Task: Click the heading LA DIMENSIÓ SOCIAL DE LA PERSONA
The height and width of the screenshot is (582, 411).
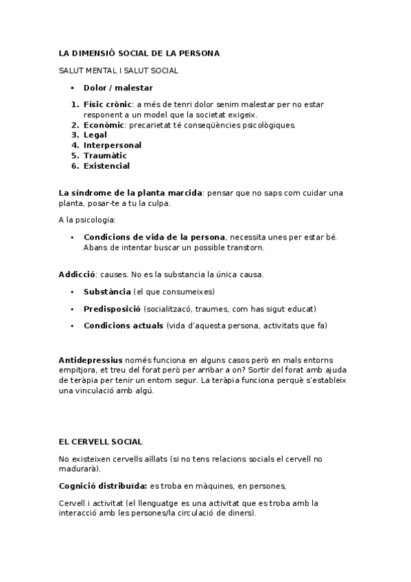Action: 139,53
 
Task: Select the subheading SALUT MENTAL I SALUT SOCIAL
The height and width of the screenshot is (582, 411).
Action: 119,70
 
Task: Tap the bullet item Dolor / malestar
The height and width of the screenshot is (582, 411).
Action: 118,87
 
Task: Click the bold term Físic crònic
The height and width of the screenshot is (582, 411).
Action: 107,104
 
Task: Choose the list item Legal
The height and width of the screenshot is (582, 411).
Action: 95,135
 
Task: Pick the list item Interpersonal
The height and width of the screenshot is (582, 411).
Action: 113,145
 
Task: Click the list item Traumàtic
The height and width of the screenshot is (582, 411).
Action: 105,156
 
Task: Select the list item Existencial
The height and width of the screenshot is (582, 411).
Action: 106,166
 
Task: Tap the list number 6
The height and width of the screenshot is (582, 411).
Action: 74,166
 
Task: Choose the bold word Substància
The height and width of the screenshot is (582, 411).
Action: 107,292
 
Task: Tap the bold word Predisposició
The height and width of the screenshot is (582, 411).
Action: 112,309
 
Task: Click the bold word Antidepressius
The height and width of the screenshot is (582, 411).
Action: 91,360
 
